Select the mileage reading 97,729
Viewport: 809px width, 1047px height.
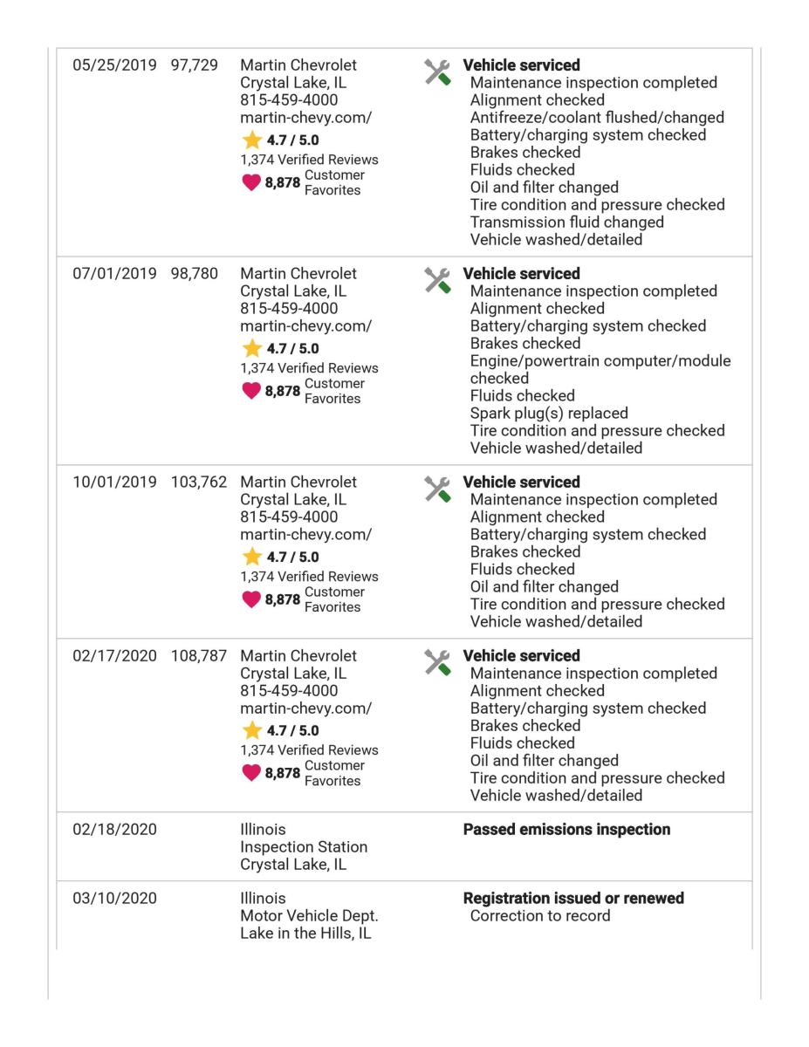coord(195,66)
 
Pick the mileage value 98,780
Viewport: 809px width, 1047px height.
coord(195,275)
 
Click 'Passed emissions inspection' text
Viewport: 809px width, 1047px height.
coord(566,830)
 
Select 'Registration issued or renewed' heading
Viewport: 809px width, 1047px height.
coord(572,899)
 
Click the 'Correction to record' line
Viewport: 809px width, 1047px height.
coord(540,916)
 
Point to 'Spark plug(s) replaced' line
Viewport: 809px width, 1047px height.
coord(549,414)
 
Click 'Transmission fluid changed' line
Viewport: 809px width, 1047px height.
coord(566,222)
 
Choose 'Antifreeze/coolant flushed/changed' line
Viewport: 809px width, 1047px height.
coord(597,118)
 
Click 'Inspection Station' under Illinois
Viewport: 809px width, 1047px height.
coord(304,847)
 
